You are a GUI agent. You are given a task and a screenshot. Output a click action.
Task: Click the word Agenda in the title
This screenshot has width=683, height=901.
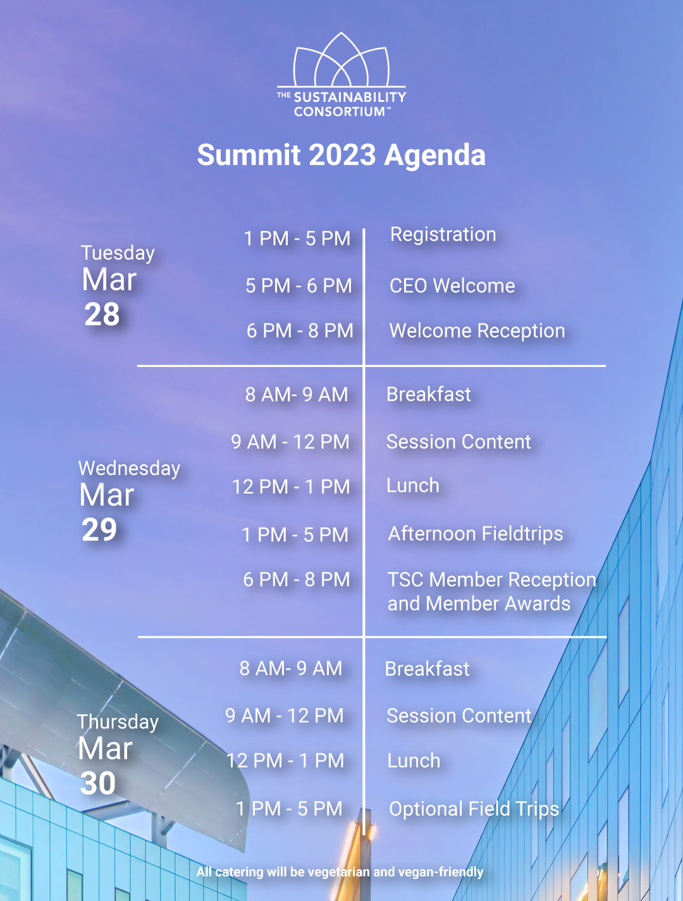coord(435,155)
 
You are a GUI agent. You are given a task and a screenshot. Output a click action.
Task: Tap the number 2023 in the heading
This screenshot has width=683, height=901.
coord(342,155)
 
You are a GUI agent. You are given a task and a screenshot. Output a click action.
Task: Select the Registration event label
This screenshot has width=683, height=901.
coord(443,235)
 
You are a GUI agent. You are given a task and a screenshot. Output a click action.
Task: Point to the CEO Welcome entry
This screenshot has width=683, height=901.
coord(452,286)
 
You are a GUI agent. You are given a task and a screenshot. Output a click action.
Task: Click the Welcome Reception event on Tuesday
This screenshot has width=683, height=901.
coord(477,331)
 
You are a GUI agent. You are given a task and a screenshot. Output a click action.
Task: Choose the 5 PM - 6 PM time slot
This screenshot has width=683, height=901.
coord(298,286)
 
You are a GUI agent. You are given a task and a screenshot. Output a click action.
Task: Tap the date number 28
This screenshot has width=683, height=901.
coord(102,314)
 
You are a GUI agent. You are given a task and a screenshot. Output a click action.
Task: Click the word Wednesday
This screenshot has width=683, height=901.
coord(129,469)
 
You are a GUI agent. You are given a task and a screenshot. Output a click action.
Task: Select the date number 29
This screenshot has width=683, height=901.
coord(99,530)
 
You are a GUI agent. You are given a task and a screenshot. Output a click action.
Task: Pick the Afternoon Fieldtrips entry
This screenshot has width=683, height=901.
coord(476,533)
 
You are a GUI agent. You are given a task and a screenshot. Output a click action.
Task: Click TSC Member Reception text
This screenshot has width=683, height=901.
coord(492,580)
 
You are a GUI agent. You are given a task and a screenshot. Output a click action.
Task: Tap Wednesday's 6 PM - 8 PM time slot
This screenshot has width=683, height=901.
coord(296,580)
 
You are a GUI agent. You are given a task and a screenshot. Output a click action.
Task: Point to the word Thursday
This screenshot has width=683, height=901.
coord(118,723)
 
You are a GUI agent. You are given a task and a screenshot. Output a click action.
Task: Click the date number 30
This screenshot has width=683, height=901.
coord(98,783)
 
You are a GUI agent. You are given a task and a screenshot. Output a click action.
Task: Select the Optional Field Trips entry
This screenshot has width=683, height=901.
coord(474,809)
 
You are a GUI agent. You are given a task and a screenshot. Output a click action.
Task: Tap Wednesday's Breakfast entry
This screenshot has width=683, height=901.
coord(429,394)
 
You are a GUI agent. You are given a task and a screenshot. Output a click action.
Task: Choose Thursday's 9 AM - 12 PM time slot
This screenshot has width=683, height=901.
coord(285,716)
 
